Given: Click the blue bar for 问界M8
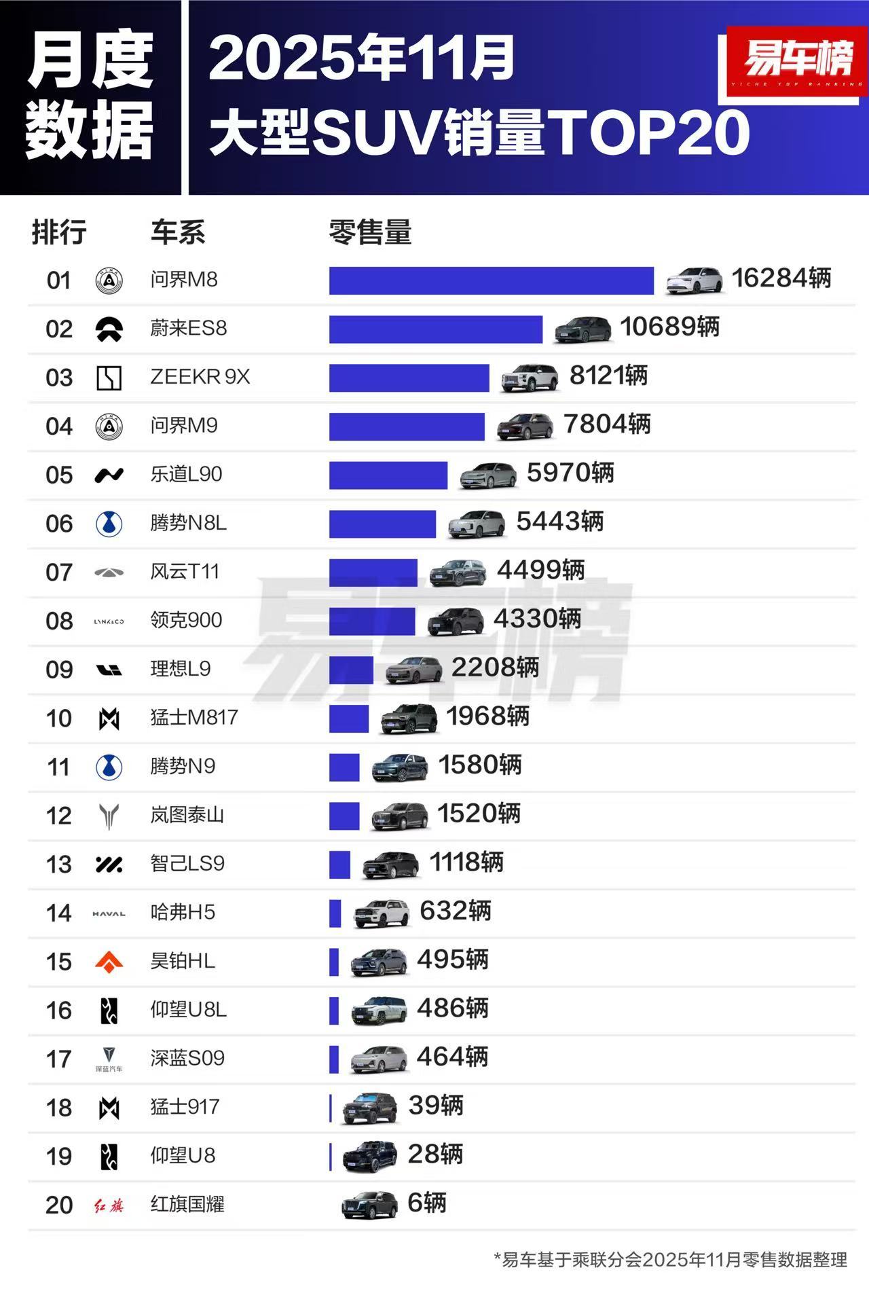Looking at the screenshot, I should tap(491, 280).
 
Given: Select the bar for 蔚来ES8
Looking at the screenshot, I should tap(435, 329).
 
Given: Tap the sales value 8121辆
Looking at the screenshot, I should tap(608, 376).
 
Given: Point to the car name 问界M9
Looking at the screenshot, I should tap(184, 426).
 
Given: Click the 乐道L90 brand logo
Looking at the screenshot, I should tap(109, 475).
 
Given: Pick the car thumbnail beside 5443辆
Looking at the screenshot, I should tap(477, 524).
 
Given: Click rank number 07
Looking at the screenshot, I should tap(59, 572).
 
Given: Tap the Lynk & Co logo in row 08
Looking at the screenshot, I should tap(109, 621).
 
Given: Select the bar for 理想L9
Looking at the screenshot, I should tap(351, 670).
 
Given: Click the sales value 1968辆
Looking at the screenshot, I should tap(487, 716).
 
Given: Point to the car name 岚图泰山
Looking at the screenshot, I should tap(187, 815).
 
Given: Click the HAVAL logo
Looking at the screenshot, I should tap(109, 914).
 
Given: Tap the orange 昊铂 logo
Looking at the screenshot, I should tap(109, 962).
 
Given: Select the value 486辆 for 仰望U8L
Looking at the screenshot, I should tap(452, 1008).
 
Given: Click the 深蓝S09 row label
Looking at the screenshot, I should tap(187, 1058).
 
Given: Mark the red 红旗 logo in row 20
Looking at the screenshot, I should tap(109, 1206).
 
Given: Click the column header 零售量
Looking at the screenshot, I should tap(370, 232).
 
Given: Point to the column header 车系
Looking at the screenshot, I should tap(178, 232).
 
